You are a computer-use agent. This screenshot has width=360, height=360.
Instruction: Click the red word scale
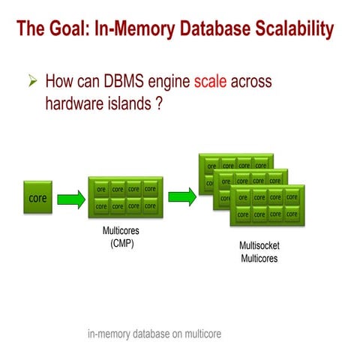(x=210, y=80)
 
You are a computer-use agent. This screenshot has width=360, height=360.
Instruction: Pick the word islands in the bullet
(x=128, y=104)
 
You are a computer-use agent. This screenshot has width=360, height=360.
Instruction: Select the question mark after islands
(x=159, y=104)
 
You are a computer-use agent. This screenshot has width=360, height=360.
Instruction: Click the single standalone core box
(x=37, y=199)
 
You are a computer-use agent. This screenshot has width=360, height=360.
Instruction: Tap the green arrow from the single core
(x=70, y=199)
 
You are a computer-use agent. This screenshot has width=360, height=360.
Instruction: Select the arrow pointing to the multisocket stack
(x=181, y=196)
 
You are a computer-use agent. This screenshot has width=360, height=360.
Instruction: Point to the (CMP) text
(x=120, y=243)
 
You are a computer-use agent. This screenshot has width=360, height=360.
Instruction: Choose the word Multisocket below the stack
(x=259, y=246)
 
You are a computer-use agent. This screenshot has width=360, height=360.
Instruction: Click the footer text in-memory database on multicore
(x=154, y=334)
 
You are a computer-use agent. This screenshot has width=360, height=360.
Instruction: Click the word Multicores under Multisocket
(x=259, y=259)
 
